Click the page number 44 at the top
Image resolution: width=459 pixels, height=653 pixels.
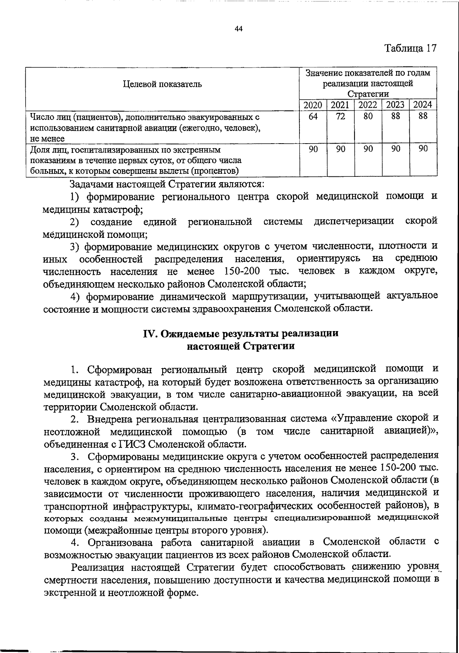(239, 29)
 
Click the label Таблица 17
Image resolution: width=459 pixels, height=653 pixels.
(410, 48)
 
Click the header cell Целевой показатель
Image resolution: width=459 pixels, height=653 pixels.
(162, 84)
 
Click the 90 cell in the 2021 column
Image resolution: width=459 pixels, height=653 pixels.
(340, 149)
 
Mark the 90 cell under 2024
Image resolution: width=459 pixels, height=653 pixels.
(423, 149)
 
